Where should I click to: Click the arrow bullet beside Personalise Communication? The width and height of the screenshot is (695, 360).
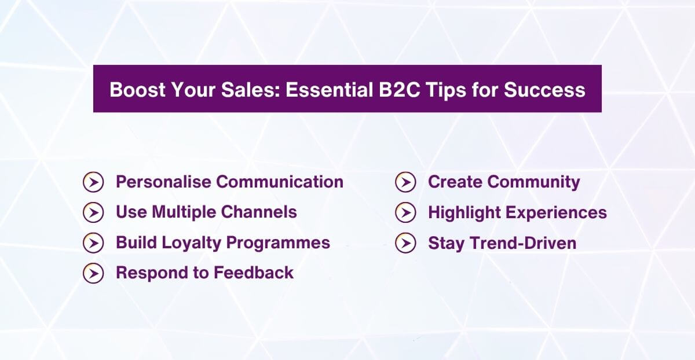point(93,182)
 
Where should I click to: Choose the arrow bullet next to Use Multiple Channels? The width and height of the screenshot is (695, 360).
point(93,212)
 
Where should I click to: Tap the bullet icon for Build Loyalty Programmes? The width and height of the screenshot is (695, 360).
point(93,243)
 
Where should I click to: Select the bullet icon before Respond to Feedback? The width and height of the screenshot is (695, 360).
point(93,273)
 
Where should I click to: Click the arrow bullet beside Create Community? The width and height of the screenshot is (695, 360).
point(405,182)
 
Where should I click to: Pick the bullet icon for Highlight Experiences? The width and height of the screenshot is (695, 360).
point(405,212)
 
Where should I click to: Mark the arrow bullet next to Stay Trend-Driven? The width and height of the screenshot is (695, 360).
point(405,243)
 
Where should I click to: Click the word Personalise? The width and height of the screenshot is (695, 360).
point(163,182)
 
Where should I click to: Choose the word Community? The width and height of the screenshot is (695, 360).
point(533,182)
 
